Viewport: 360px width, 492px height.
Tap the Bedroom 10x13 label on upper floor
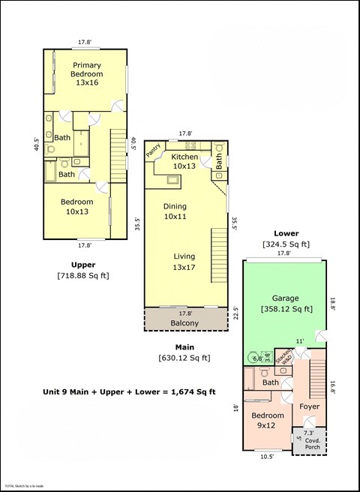point(77,207)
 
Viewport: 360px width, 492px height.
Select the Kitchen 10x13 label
point(185,161)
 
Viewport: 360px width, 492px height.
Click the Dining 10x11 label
point(175,211)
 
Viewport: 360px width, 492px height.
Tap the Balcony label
point(184,323)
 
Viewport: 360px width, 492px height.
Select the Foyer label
point(309,406)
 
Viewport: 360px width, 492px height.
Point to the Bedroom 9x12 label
point(268,420)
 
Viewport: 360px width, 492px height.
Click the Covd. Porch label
point(312,443)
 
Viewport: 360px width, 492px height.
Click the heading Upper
point(82,265)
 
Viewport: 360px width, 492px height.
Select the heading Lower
point(286,233)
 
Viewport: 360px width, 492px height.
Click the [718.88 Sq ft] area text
point(82,275)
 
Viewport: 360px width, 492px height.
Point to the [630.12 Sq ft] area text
point(184,358)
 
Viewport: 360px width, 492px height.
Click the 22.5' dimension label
point(236,311)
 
